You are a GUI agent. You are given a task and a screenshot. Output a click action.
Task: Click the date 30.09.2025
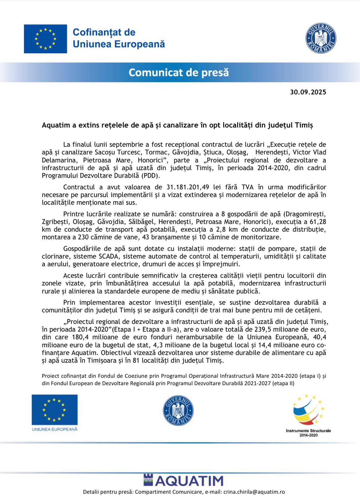click(x=308, y=92)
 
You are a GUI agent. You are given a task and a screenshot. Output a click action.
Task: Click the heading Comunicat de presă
click(x=179, y=72)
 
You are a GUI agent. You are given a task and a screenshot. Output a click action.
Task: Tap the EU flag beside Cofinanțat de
click(x=45, y=39)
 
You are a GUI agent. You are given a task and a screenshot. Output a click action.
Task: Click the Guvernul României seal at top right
click(x=321, y=38)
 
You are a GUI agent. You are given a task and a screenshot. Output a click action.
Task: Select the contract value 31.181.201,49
click(x=188, y=187)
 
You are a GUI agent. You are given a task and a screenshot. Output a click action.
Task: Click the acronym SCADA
click(x=108, y=256)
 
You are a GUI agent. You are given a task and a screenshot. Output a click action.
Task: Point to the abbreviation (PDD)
click(x=150, y=176)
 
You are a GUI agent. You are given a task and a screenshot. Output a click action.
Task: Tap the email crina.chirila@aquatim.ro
click(x=254, y=492)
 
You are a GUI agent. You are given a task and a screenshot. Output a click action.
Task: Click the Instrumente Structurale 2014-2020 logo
click(x=308, y=415)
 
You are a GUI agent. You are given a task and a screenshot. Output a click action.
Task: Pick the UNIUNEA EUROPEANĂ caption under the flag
click(x=54, y=429)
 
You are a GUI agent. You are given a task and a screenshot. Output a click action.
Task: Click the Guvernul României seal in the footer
click(x=178, y=411)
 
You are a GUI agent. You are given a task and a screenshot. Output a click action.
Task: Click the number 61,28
click(x=318, y=222)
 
